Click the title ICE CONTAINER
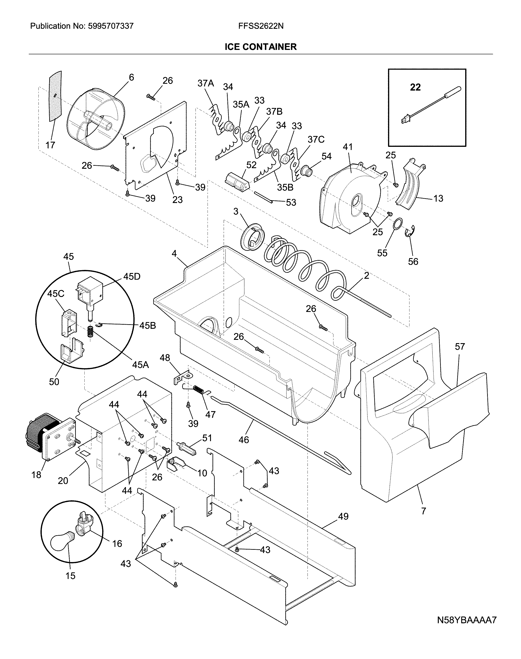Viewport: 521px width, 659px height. point(261,47)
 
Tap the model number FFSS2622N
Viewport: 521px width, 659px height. point(261,26)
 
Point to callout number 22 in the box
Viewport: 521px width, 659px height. point(415,87)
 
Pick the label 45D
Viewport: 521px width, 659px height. point(132,276)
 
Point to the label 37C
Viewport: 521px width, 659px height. point(316,139)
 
